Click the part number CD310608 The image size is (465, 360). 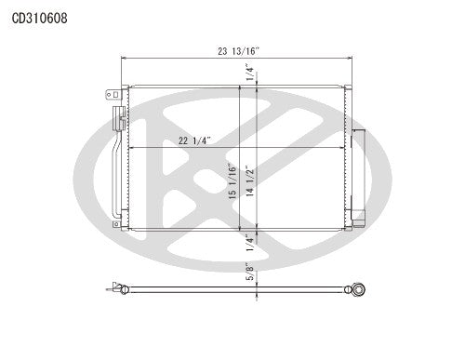point(39,16)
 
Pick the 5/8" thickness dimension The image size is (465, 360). point(248,274)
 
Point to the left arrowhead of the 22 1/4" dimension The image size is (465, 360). point(130,148)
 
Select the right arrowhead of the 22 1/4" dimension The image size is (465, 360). point(343,148)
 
